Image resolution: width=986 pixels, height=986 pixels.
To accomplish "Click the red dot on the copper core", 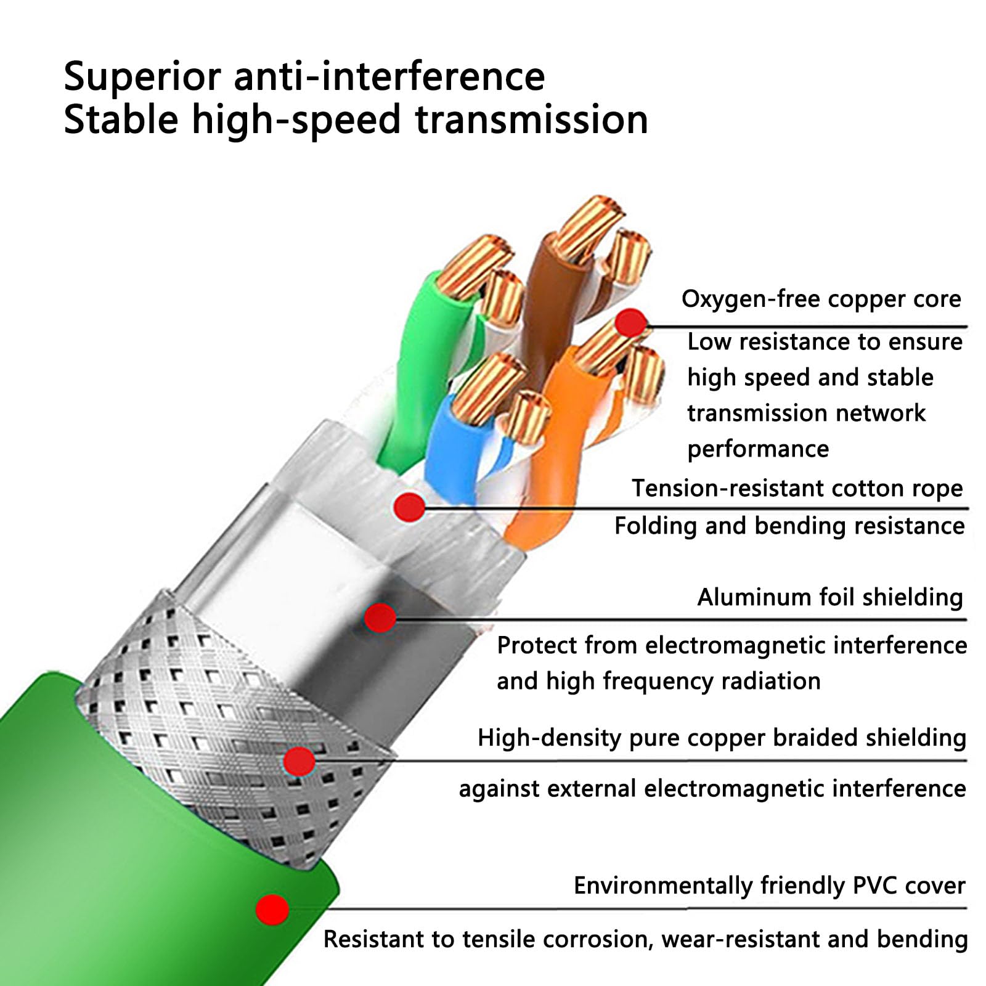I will pyautogui.click(x=631, y=322).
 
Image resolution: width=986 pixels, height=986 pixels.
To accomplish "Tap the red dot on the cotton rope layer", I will pyautogui.click(x=409, y=507).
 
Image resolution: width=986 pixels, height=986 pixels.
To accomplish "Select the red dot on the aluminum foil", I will pyautogui.click(x=380, y=617).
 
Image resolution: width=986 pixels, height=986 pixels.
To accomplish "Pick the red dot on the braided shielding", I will pyautogui.click(x=299, y=762).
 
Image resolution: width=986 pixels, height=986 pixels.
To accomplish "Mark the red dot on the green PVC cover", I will pyautogui.click(x=272, y=909).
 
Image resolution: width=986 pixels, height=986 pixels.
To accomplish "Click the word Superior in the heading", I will pyautogui.click(x=142, y=77).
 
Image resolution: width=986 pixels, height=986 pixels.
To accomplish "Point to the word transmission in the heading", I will pyautogui.click(x=532, y=120).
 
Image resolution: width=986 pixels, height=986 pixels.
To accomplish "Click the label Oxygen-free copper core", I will pyautogui.click(x=821, y=299).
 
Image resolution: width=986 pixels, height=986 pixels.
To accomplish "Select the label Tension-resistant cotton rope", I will pyautogui.click(x=797, y=488).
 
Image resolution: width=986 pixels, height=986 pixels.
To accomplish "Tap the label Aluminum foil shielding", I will pyautogui.click(x=830, y=597).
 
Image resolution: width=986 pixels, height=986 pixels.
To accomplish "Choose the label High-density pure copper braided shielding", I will pyautogui.click(x=722, y=738).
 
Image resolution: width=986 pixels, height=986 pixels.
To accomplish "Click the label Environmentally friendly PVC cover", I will pyautogui.click(x=769, y=886).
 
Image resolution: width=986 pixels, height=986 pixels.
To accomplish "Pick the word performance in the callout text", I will pyautogui.click(x=758, y=449).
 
